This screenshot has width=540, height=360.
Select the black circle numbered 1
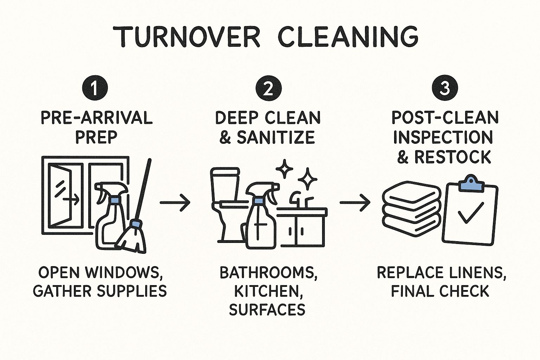(x=95, y=88)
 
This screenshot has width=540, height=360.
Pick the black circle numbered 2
(x=269, y=88)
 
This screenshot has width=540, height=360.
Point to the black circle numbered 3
(x=445, y=88)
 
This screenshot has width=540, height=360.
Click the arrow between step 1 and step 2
(x=175, y=202)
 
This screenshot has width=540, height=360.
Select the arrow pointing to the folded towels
(x=355, y=202)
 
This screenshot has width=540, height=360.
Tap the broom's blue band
(x=135, y=224)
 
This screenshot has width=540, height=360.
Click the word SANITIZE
(x=276, y=137)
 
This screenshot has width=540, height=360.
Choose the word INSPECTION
(x=443, y=137)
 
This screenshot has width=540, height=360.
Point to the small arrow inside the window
(x=71, y=200)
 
